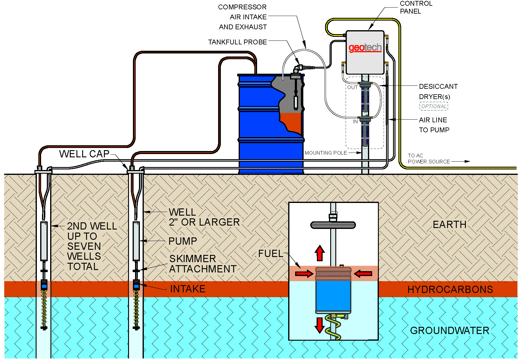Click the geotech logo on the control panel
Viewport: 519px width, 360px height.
click(365, 48)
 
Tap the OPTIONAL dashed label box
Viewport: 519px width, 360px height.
click(434, 106)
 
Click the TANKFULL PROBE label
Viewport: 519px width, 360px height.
click(237, 42)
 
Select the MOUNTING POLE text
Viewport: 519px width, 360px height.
click(326, 153)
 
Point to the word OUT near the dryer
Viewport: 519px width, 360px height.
click(352, 87)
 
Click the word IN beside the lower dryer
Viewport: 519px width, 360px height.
click(355, 121)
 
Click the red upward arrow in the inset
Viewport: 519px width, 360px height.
click(320, 253)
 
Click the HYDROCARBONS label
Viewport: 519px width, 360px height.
click(450, 290)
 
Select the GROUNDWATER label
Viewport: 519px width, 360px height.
click(449, 331)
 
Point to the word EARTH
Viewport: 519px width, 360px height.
click(449, 225)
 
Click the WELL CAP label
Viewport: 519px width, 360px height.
click(84, 154)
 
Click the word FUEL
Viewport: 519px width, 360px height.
click(271, 254)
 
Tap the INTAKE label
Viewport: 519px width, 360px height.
click(188, 289)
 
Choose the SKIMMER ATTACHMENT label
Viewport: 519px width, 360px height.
click(202, 264)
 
